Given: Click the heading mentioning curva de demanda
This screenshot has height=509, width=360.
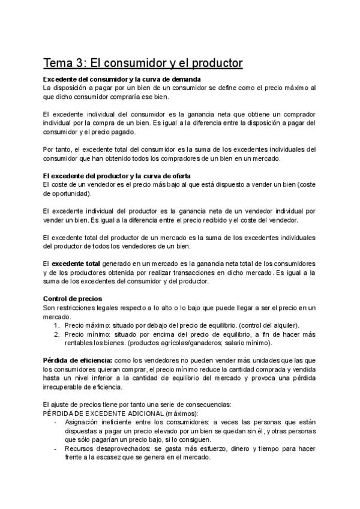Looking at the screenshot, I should (122, 79).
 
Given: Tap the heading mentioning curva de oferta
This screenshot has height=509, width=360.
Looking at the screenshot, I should (127, 175).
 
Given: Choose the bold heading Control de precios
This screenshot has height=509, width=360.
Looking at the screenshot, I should (73, 298).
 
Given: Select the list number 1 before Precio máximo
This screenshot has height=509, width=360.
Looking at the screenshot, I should (56, 325).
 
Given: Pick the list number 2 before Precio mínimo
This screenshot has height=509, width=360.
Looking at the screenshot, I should (56, 334).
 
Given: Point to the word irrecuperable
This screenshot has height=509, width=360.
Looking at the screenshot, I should (65, 387).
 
